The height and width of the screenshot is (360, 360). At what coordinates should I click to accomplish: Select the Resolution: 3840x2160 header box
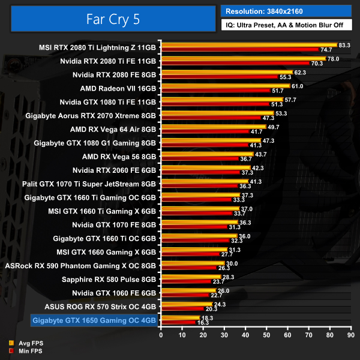[286, 11]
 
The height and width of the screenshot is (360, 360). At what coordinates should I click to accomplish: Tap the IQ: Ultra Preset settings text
[286, 25]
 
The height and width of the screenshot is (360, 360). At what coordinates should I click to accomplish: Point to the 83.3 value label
[344, 45]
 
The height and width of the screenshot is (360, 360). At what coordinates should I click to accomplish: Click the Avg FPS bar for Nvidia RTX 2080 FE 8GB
[226, 73]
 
